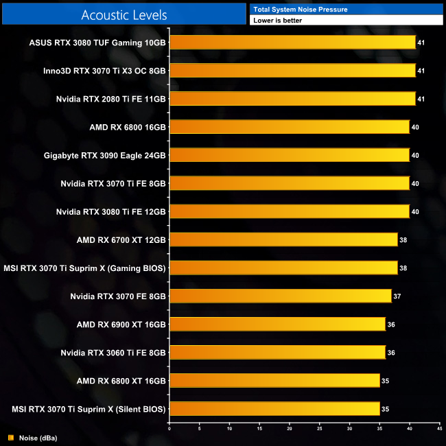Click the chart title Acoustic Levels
124,14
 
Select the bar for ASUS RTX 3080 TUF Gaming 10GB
292,42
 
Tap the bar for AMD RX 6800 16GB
289,126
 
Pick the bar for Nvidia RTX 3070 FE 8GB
280,296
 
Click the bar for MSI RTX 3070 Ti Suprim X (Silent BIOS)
274,409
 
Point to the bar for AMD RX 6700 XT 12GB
283,239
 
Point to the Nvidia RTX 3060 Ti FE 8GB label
113,353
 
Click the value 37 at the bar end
397,296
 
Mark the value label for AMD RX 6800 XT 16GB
385,381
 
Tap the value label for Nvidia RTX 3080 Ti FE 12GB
415,211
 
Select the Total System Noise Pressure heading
300,9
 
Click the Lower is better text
277,21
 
